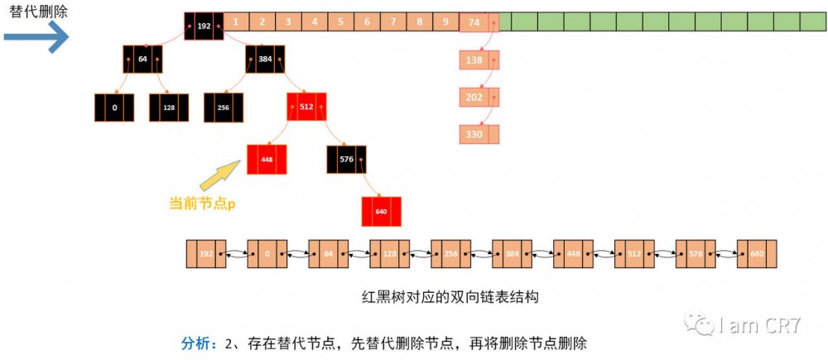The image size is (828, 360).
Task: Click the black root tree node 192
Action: (204, 26)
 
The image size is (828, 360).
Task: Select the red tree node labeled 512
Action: (307, 106)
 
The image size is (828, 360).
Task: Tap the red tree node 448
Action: (267, 159)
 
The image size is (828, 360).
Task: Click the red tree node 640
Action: (381, 211)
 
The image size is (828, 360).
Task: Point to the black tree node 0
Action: (114, 108)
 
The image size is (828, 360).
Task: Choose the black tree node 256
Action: (224, 108)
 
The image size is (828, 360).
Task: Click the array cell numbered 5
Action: (341, 22)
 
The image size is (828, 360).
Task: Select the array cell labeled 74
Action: (474, 22)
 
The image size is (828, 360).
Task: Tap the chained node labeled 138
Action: (474, 60)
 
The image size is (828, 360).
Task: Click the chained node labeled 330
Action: (474, 133)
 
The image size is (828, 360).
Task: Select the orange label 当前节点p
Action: (202, 203)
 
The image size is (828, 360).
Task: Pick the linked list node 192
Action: (206, 254)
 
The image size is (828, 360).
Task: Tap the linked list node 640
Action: (757, 254)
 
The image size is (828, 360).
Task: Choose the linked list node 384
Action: (512, 254)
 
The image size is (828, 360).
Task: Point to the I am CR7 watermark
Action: (749, 324)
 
